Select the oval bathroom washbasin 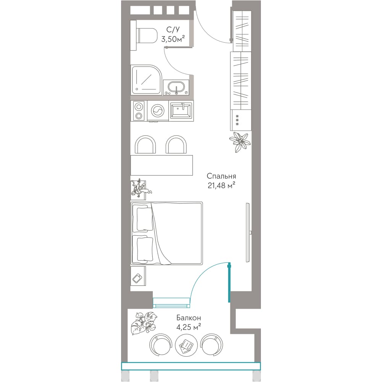(x=176, y=87)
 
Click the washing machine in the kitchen (x=158, y=111)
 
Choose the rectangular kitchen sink (x=181, y=110)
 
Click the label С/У (x=173, y=30)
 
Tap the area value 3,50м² (x=173, y=39)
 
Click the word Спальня (x=221, y=176)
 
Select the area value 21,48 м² (x=221, y=186)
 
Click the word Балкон (x=189, y=318)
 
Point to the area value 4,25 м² (x=189, y=327)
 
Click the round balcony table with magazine (x=186, y=345)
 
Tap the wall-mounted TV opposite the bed (x=248, y=232)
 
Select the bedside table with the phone (x=138, y=276)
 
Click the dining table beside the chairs (x=162, y=165)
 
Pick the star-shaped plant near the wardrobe (x=240, y=142)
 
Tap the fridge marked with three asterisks (x=240, y=120)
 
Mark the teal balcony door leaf (x=229, y=282)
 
